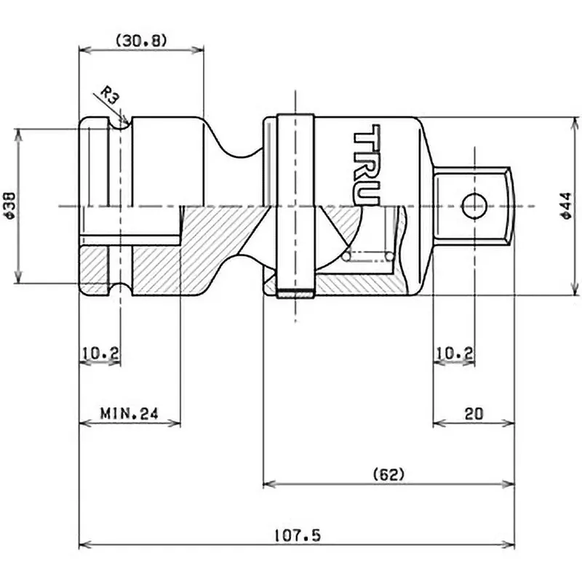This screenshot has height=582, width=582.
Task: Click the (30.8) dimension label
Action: [x=141, y=41]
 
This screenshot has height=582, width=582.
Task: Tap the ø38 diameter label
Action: [x=8, y=207]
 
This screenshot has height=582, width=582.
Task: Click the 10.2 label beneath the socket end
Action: [x=100, y=354]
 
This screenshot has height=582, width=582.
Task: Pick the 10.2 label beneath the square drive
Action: [x=454, y=354]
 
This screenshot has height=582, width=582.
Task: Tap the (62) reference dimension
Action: [x=388, y=474]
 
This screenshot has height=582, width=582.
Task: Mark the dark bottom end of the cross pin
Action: [x=295, y=295]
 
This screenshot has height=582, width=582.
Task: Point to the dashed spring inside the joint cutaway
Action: [x=369, y=256]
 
